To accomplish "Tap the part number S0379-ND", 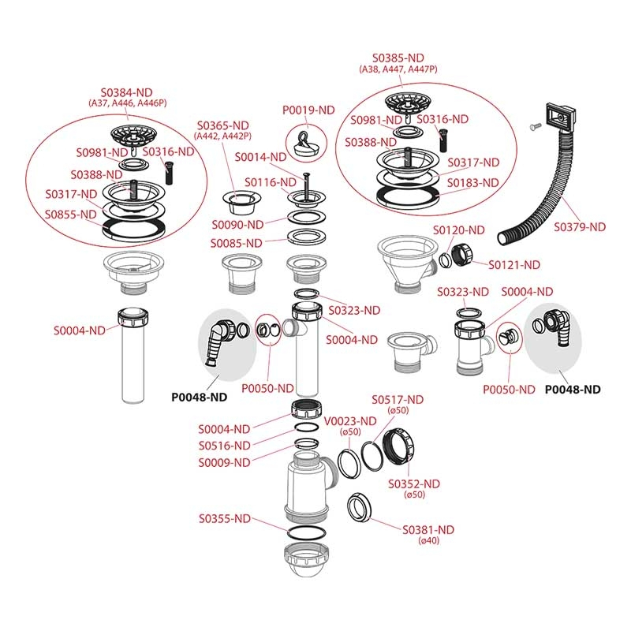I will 579,226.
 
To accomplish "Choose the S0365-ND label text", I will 223,125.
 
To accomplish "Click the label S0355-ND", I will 225,519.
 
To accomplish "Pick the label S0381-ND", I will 428,529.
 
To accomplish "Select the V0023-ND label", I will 342,420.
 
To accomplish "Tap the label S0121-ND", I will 514,264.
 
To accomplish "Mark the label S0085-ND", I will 236,243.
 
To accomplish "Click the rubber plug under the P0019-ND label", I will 303,142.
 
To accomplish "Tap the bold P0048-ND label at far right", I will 573,390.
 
